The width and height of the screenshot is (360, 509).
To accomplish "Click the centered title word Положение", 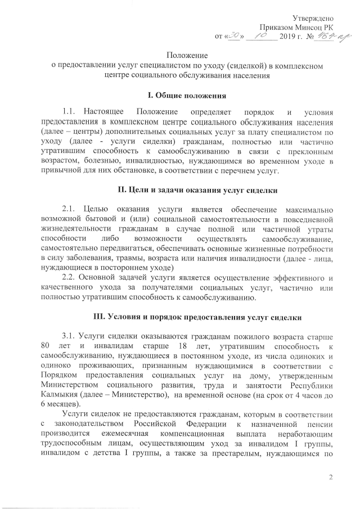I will (x=186, y=55).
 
